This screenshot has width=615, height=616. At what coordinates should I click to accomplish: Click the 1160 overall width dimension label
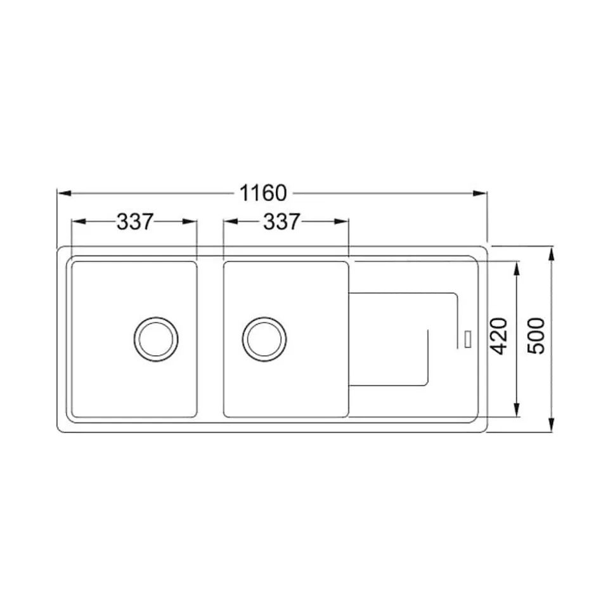262,192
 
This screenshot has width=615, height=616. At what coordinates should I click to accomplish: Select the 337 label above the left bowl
135,222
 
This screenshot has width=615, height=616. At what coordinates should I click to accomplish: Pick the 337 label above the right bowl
281,222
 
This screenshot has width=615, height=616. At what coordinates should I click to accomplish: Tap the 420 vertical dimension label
500,336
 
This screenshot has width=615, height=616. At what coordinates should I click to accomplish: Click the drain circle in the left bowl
155,336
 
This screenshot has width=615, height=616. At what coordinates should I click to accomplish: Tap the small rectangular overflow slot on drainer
468,337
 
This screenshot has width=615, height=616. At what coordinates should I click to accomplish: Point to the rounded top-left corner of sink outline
61,249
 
